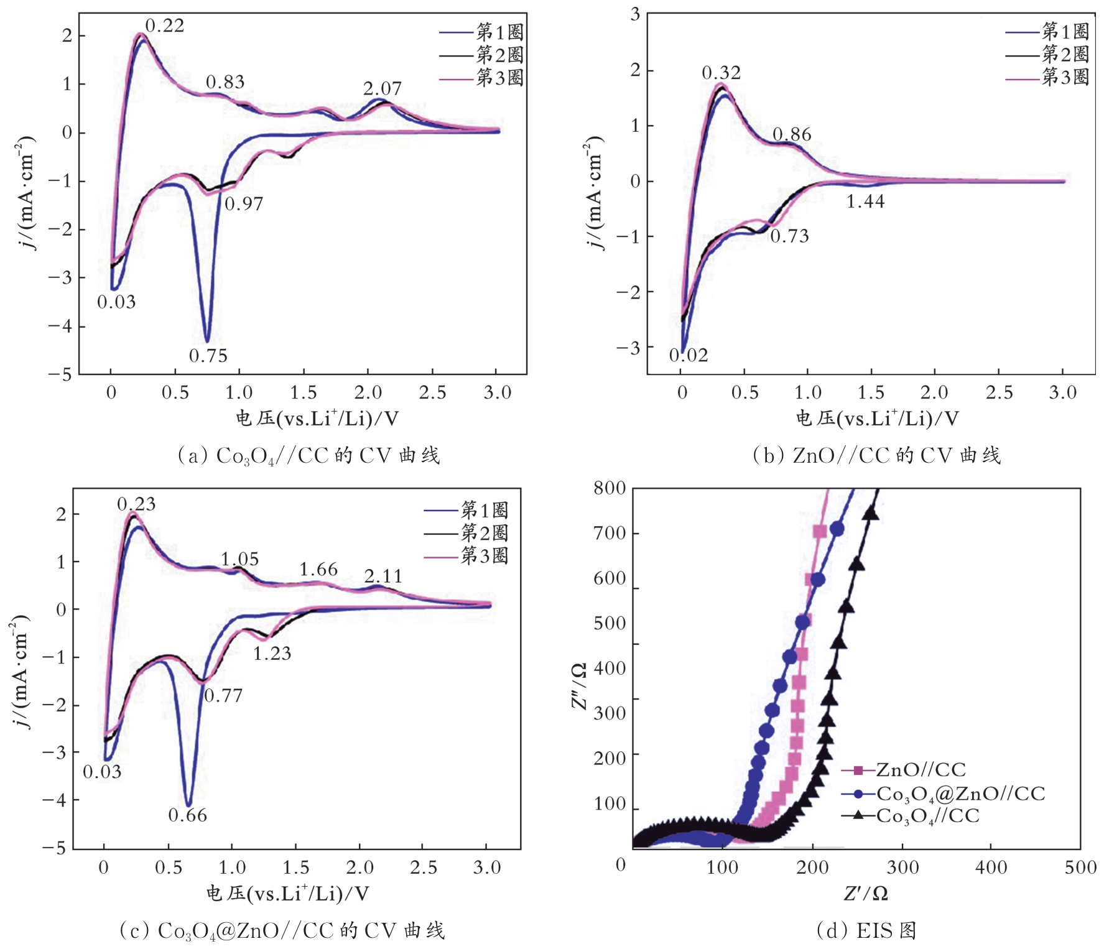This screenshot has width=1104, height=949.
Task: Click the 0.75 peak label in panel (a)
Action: pyautogui.click(x=208, y=356)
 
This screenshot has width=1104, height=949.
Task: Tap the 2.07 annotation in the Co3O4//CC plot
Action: pyautogui.click(x=383, y=88)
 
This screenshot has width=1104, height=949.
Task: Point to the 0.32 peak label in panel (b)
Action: pyautogui.click(x=721, y=73)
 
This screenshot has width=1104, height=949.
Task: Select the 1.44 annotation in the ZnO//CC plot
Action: pyautogui.click(x=865, y=201)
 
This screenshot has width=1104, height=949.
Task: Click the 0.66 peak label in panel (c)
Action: pyautogui.click(x=188, y=815)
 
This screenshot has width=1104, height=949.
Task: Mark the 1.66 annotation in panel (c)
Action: pyautogui.click(x=318, y=569)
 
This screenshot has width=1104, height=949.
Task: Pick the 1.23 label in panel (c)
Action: pyautogui.click(x=272, y=653)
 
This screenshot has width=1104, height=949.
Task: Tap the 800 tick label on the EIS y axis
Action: pyautogui.click(x=610, y=488)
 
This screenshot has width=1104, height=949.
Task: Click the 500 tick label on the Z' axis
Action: pyautogui.click(x=1080, y=867)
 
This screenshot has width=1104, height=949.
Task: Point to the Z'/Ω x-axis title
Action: pyautogui.click(x=865, y=894)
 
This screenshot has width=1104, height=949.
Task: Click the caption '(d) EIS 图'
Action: pyautogui.click(x=866, y=930)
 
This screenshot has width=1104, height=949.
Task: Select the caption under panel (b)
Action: pyautogui.click(x=876, y=455)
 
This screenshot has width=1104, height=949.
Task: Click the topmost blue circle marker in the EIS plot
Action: pyautogui.click(x=837, y=529)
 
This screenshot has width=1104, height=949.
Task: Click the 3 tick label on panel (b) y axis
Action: pyautogui.click(x=635, y=14)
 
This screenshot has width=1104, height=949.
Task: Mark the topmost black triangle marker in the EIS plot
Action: pyautogui.click(x=871, y=514)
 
